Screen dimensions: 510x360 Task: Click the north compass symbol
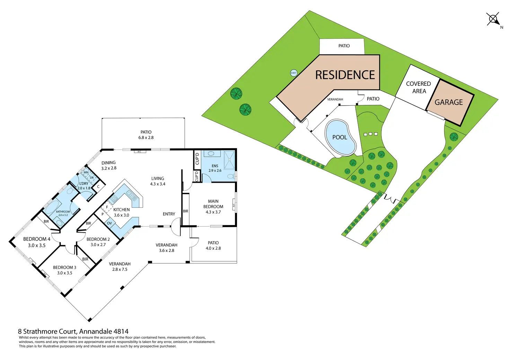coord(493,19)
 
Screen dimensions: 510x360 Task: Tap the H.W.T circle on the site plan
coord(293,73)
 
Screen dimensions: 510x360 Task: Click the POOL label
coord(340,137)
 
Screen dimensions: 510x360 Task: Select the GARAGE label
coord(449,102)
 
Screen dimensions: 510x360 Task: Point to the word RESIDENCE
coord(345,75)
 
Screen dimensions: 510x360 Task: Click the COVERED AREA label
coord(419,88)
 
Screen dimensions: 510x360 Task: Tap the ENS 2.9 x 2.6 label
coord(215,168)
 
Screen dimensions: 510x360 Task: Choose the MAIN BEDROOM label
coord(213,207)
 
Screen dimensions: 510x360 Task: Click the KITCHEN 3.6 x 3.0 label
coord(121,212)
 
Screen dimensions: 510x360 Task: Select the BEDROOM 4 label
coord(37,242)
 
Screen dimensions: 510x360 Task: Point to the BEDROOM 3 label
coord(64,270)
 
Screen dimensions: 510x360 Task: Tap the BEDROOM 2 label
coord(98,242)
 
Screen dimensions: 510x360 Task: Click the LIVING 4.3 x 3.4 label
coord(158,181)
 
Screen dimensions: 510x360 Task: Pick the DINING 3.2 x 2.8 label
coord(109,165)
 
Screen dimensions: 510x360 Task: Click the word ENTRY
coord(169,214)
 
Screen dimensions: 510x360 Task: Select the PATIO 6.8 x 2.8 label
coord(146,135)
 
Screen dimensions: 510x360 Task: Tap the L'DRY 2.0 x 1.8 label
coord(84,186)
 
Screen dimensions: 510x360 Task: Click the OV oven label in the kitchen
coord(109,223)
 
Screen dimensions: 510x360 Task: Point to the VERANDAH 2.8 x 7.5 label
coord(120,267)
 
